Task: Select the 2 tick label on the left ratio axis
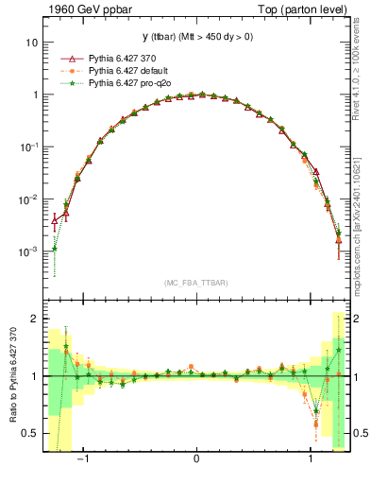36,319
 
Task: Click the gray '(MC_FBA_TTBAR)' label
195,283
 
